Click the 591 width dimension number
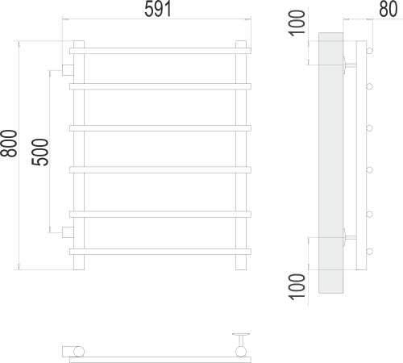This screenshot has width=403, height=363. click(158, 9)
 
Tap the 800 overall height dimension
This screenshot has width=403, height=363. click(8, 144)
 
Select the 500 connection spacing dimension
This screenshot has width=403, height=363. click(40, 152)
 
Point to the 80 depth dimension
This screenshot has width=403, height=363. click(388, 9)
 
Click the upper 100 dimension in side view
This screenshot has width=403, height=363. click(297, 23)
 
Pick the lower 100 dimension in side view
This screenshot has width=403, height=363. click(297, 286)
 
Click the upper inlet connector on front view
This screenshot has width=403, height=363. click(68, 70)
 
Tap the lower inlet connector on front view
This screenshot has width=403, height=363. click(68, 232)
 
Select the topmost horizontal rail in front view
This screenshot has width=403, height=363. click(160, 51)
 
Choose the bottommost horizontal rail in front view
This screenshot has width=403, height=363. click(160, 252)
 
